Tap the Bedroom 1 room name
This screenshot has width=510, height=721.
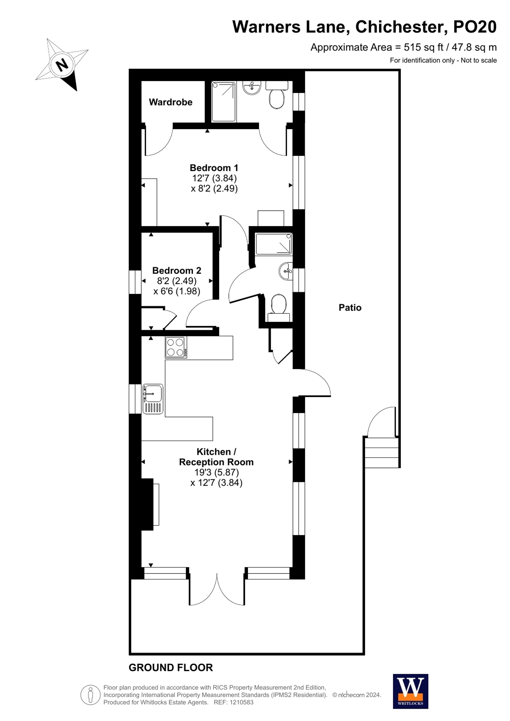214,168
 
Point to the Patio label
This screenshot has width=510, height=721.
350,307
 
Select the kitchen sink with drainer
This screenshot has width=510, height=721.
153,399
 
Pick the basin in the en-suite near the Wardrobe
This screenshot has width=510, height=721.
251,88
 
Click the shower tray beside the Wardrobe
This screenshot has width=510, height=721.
223,101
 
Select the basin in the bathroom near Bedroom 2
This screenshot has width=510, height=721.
285,271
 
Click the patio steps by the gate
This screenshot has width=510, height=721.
381,453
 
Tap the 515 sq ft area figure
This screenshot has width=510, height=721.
423,47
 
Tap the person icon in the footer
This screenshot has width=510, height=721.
91,695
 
